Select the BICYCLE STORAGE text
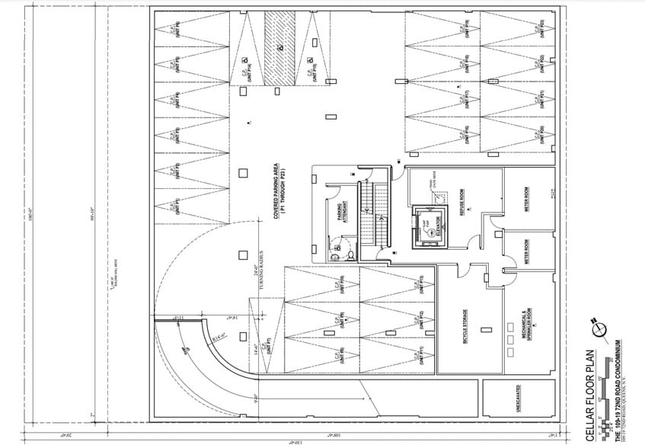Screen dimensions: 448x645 465,325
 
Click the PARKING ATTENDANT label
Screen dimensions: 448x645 344,210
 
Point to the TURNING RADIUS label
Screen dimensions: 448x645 259,270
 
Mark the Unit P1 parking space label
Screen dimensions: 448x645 175,207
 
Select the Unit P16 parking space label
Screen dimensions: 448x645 464,134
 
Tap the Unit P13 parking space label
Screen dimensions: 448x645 420,283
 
